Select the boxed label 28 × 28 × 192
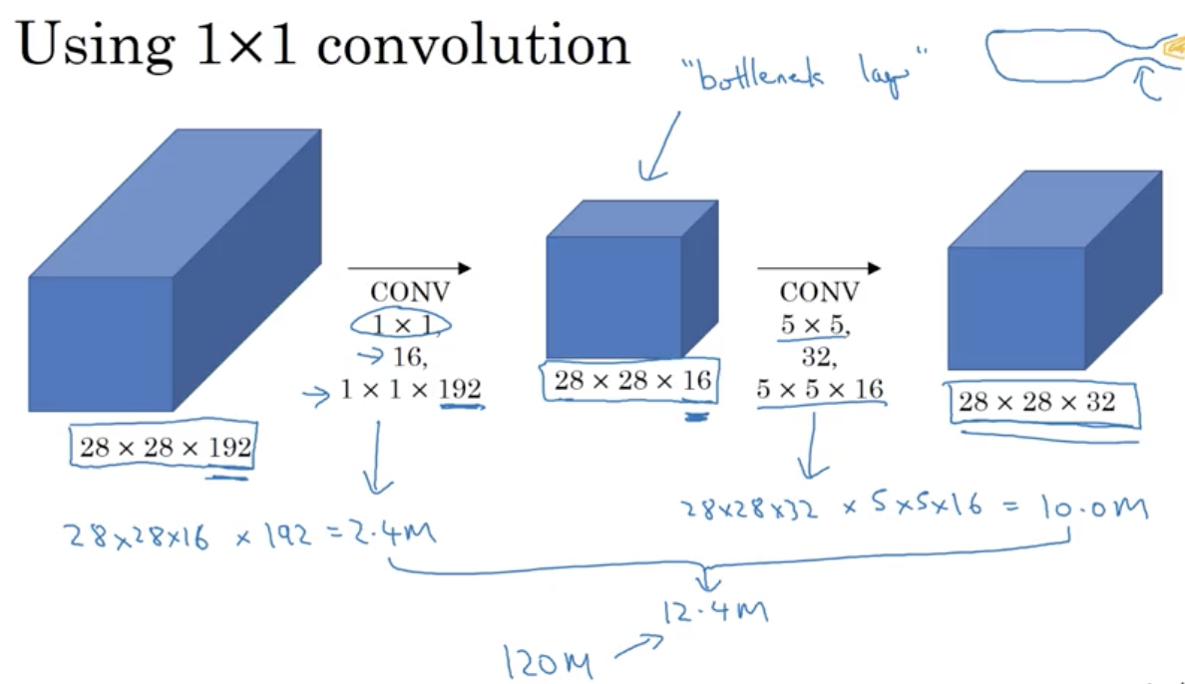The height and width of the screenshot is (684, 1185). [165, 447]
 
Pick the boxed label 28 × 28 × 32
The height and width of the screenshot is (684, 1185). [1036, 403]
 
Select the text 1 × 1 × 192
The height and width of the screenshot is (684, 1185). [410, 389]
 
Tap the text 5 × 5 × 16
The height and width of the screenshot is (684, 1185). [820, 389]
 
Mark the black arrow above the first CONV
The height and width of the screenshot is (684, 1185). [408, 268]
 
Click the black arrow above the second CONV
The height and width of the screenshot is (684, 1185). [818, 268]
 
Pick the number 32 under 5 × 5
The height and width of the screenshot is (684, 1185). [818, 356]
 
